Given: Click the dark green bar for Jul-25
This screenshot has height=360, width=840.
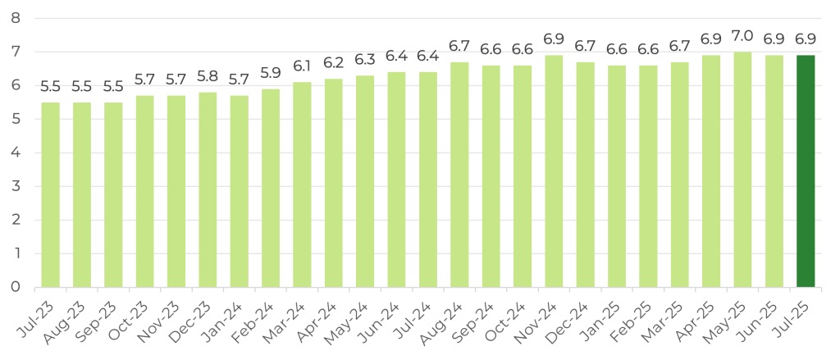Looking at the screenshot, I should pos(806,171).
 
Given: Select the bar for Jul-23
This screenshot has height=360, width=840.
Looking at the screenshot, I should pos(51,195).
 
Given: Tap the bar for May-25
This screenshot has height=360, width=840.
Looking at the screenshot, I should pos(742,170).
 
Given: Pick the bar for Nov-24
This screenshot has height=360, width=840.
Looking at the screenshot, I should pos(554,171).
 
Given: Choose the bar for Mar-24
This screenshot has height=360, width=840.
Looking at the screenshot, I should pos(302,185).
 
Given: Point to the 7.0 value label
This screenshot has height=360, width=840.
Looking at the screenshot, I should pos(742,37).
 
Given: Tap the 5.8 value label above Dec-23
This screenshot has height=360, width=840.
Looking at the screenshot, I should pos(208,77).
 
